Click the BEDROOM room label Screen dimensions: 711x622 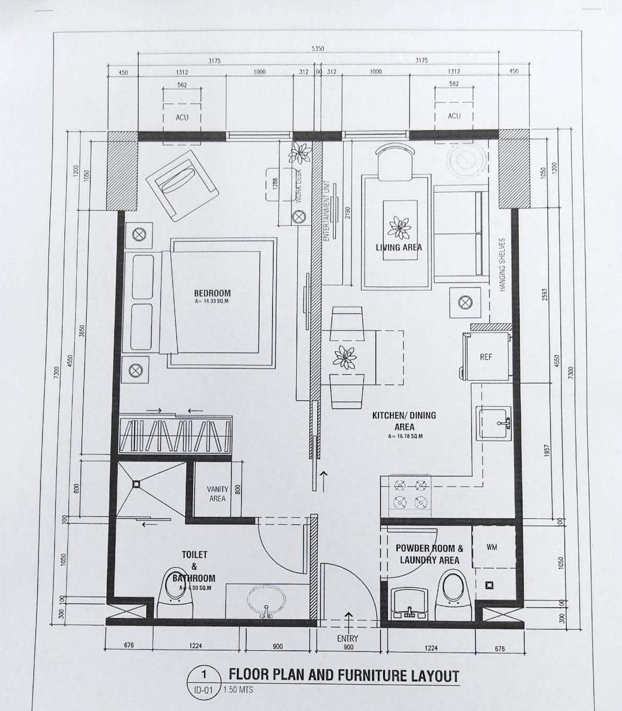pyautogui.click(x=212, y=293)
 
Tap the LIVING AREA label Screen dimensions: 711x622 pyautogui.click(x=398, y=247)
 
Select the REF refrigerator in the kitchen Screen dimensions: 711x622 pyautogui.click(x=486, y=357)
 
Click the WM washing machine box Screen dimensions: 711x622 pyautogui.click(x=492, y=547)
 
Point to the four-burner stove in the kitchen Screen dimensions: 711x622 pyautogui.click(x=410, y=495)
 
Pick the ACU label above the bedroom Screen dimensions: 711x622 pyautogui.click(x=182, y=117)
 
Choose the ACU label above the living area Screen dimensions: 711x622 pyautogui.click(x=454, y=116)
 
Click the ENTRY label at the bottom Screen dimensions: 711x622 pyautogui.click(x=348, y=638)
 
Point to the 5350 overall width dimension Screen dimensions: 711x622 pyautogui.click(x=318, y=48)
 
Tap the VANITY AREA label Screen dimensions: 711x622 pyautogui.click(x=217, y=494)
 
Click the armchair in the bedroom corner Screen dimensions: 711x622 pyautogui.click(x=182, y=185)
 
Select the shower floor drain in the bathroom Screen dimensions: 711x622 pyautogui.click(x=136, y=483)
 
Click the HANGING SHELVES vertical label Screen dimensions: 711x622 pyautogui.click(x=502, y=265)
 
